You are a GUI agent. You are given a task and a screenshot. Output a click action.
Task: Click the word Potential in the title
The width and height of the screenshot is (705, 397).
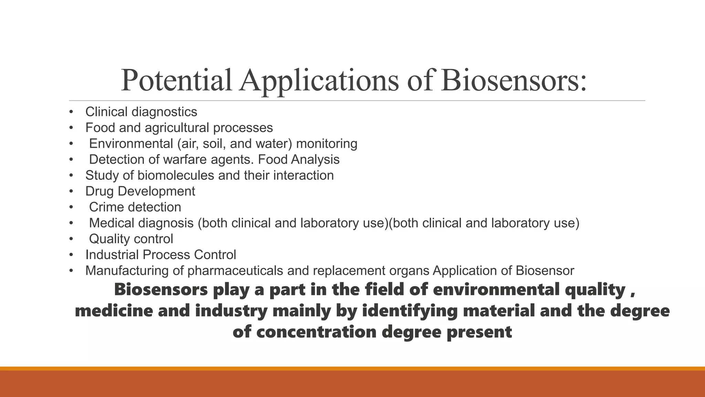click(176, 81)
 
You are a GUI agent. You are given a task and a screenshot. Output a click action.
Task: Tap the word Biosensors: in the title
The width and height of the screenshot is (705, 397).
click(514, 81)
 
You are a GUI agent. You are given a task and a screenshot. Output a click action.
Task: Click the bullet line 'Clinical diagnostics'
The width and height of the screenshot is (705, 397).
click(141, 112)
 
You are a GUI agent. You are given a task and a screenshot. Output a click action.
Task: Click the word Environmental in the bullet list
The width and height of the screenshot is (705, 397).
click(131, 144)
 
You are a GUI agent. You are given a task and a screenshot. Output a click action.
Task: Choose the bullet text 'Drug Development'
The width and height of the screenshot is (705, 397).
click(140, 191)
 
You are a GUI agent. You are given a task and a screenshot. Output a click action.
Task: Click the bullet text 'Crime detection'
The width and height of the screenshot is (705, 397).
click(135, 207)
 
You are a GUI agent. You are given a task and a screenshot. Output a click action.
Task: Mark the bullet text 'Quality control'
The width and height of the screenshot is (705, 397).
click(131, 239)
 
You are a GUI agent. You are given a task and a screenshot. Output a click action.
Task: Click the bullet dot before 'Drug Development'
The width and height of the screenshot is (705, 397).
click(71, 191)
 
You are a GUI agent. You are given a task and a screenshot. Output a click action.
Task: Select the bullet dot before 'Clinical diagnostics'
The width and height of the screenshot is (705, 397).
click(71, 112)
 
